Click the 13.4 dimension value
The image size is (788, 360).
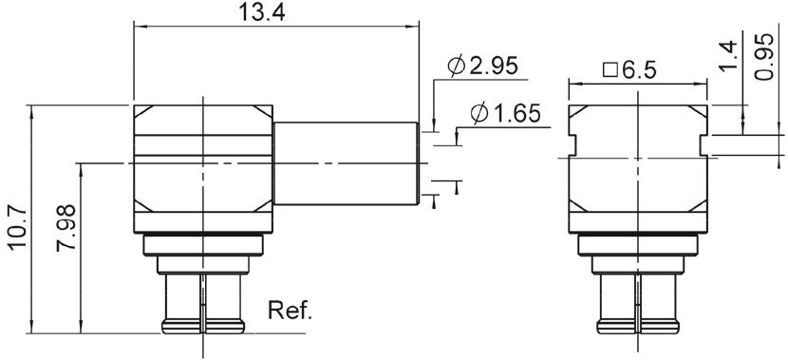coord(261,12)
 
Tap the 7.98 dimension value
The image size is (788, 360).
coord(66,228)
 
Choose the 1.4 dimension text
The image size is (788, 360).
coord(729,56)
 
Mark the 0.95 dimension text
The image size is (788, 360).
coord(764,56)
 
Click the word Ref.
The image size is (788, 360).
coord(290,311)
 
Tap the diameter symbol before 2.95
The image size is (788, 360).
coord(457,66)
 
